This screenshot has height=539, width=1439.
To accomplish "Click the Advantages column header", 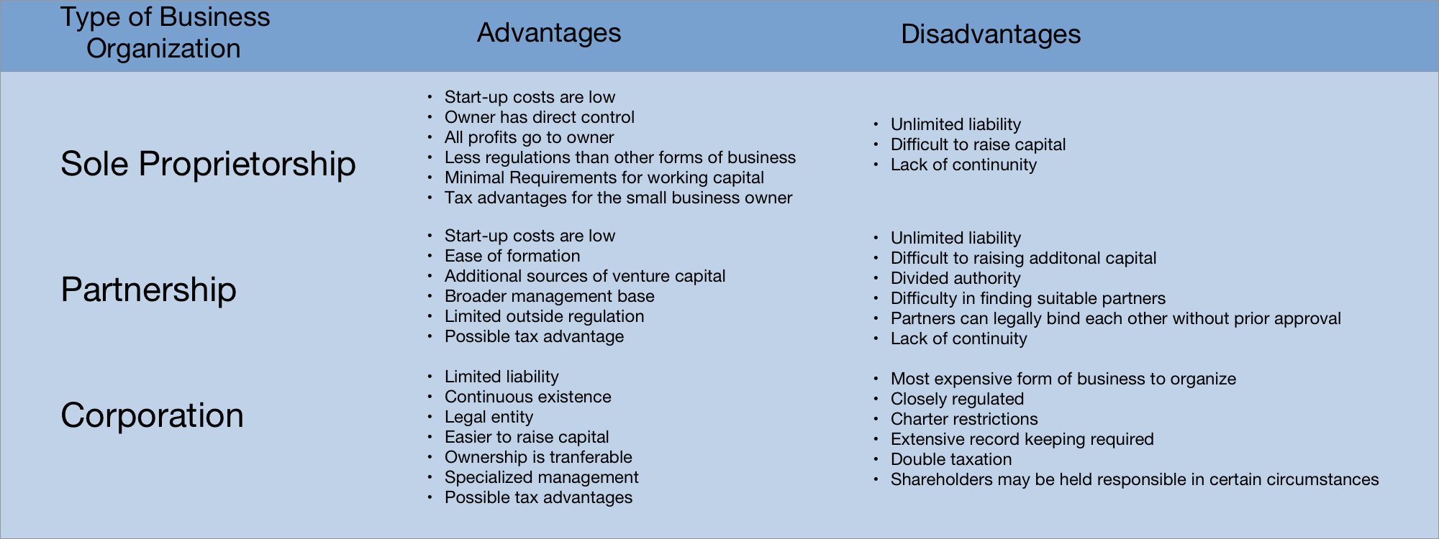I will [x=548, y=33].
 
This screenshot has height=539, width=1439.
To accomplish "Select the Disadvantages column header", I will [x=990, y=34].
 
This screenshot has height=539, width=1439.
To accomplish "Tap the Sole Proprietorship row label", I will [x=208, y=164].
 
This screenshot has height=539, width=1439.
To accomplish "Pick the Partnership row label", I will [x=148, y=290].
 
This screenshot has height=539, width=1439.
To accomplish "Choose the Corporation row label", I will [x=152, y=415].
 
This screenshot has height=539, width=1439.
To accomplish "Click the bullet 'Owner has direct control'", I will [x=539, y=117].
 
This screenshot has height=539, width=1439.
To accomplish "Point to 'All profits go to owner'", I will [x=529, y=137].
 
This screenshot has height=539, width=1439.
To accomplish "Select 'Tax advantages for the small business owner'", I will [x=618, y=198].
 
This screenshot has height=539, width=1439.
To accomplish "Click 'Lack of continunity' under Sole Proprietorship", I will [x=963, y=165].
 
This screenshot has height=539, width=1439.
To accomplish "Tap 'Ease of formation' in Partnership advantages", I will [x=512, y=256].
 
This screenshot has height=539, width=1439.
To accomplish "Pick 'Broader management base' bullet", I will [x=549, y=296].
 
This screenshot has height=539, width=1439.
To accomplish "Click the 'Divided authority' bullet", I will [x=955, y=278].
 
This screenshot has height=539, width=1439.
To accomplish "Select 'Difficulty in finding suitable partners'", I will [x=1027, y=298].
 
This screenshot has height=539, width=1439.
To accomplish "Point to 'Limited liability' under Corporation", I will [x=501, y=377].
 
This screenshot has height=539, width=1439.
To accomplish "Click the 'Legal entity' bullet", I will [x=489, y=417].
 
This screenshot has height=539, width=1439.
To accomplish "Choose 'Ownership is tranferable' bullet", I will [x=538, y=457].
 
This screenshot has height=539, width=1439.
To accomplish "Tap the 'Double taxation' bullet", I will [x=950, y=459].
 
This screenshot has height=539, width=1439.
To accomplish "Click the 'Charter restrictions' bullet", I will [x=964, y=419].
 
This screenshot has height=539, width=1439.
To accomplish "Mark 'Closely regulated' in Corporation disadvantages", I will [x=957, y=399].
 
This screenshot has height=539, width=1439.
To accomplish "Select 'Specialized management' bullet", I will [x=541, y=477].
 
